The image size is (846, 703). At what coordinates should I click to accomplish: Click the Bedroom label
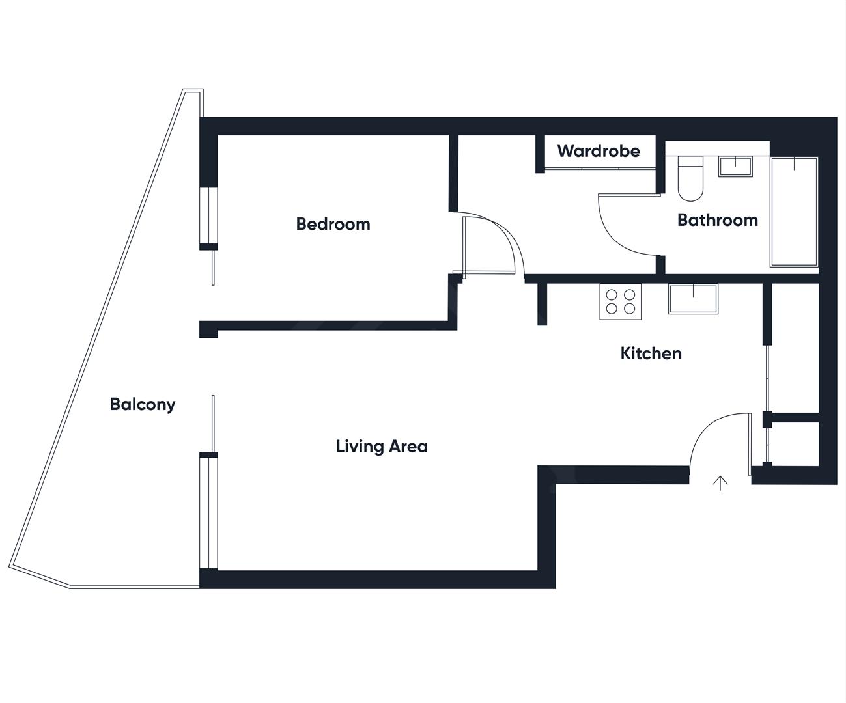click(x=333, y=224)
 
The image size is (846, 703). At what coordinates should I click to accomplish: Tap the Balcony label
click(x=143, y=404)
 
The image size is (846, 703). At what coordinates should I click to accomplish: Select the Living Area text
click(x=382, y=447)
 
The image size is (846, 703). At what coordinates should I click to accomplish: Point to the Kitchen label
click(x=651, y=353)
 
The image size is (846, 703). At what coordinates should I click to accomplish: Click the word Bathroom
click(x=717, y=220)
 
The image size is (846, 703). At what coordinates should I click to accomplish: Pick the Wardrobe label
click(x=599, y=151)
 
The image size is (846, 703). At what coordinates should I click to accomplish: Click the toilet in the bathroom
click(x=689, y=179)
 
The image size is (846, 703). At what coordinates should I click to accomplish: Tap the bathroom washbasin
click(x=735, y=166)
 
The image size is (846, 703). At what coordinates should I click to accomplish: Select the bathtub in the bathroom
click(x=794, y=212)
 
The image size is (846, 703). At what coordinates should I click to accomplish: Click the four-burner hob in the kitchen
click(x=620, y=301)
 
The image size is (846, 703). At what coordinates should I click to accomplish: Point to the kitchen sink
click(x=693, y=299)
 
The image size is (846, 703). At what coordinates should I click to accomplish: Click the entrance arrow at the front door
click(x=720, y=482)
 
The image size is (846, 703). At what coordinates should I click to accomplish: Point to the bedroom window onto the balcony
click(x=208, y=216)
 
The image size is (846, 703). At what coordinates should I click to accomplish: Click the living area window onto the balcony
click(x=208, y=511)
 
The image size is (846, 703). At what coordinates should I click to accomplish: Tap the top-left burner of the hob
click(x=612, y=294)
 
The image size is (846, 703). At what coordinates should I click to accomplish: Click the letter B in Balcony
click(x=115, y=404)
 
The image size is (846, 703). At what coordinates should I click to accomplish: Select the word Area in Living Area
click(x=408, y=447)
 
